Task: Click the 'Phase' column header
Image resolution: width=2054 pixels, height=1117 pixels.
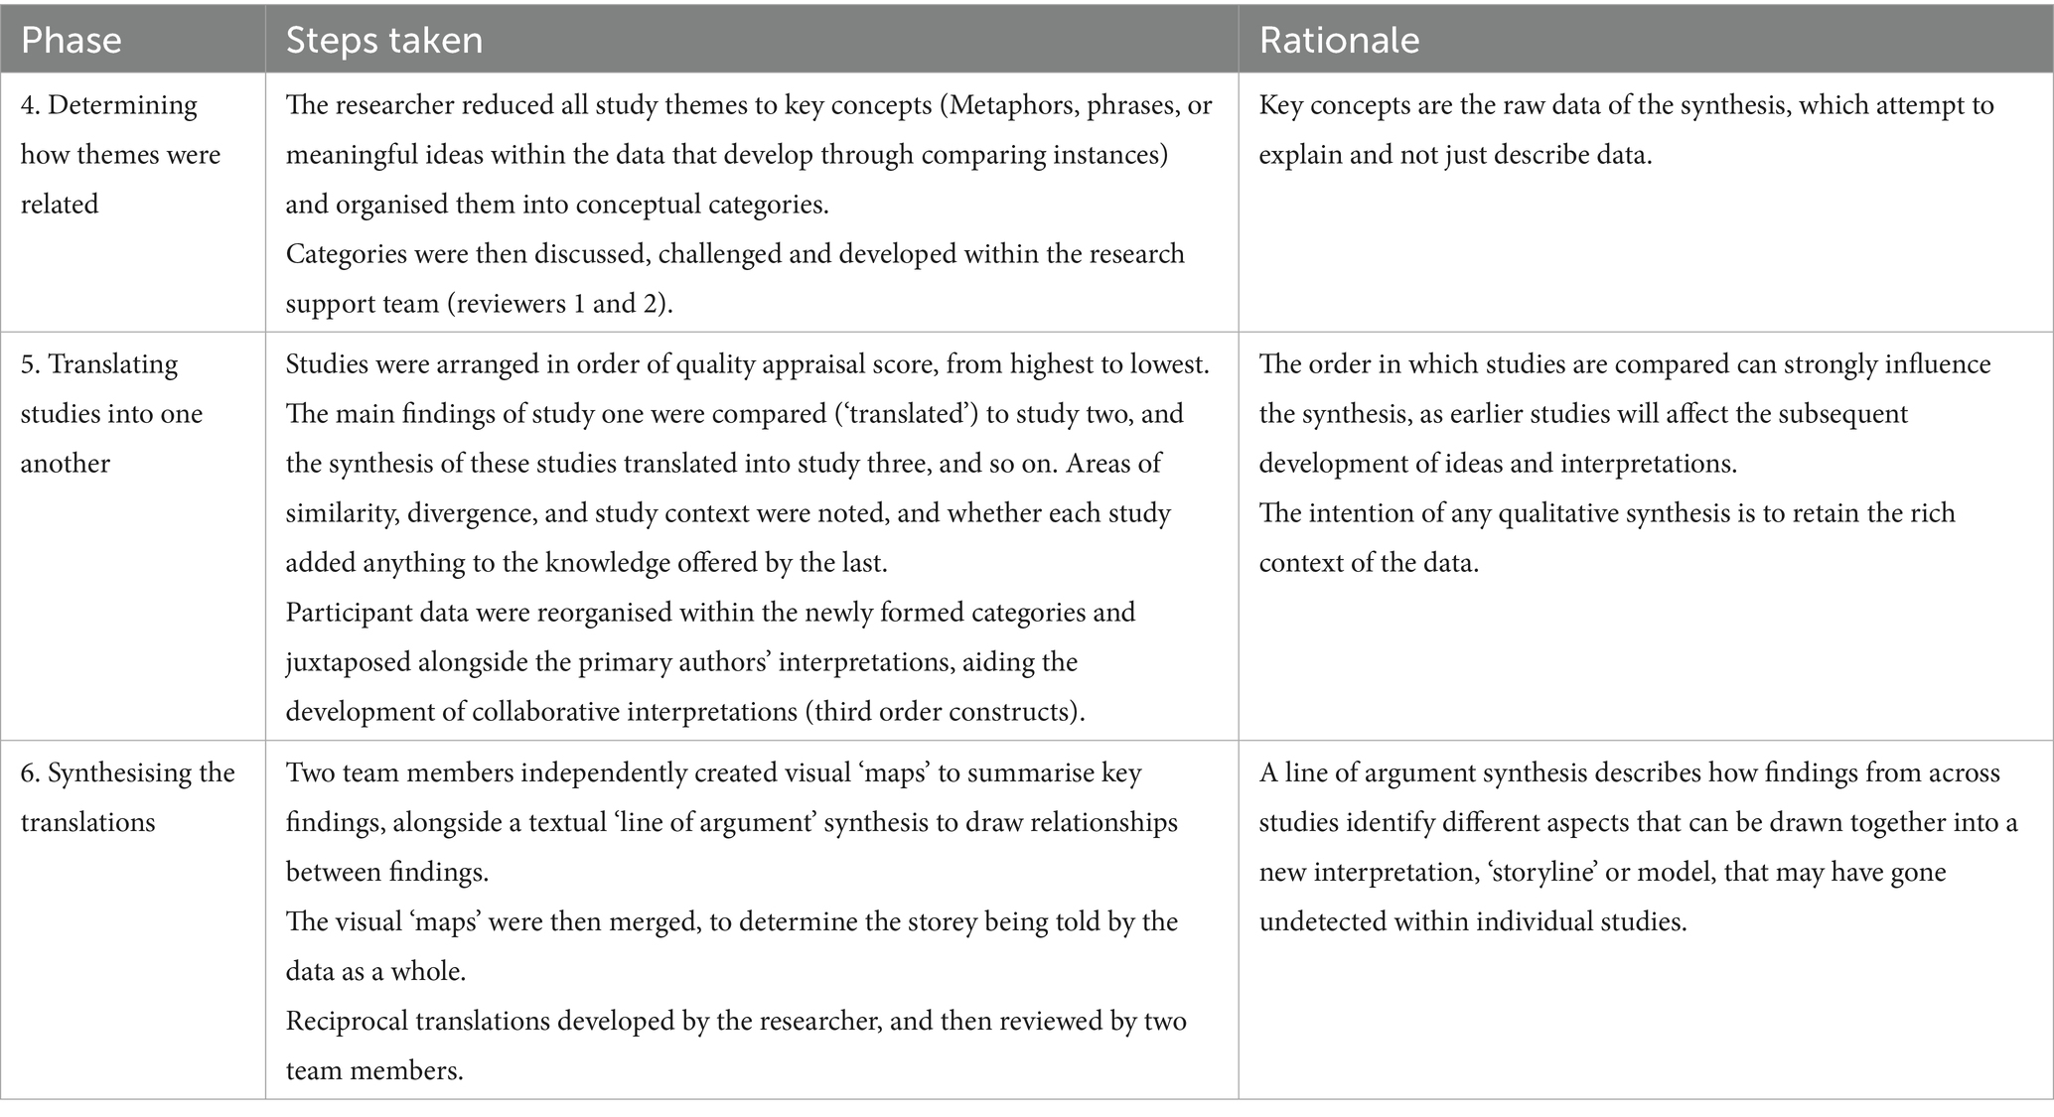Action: [71, 40]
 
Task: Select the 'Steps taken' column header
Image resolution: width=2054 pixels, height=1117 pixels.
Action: [383, 40]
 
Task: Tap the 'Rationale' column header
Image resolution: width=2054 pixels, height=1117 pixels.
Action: [1339, 40]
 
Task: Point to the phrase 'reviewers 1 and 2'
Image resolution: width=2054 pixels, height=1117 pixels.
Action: [557, 304]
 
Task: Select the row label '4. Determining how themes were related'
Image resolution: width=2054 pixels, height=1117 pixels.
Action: [120, 155]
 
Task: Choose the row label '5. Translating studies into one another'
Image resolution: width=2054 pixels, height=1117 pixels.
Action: [111, 414]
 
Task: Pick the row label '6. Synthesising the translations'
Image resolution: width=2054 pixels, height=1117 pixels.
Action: [127, 797]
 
